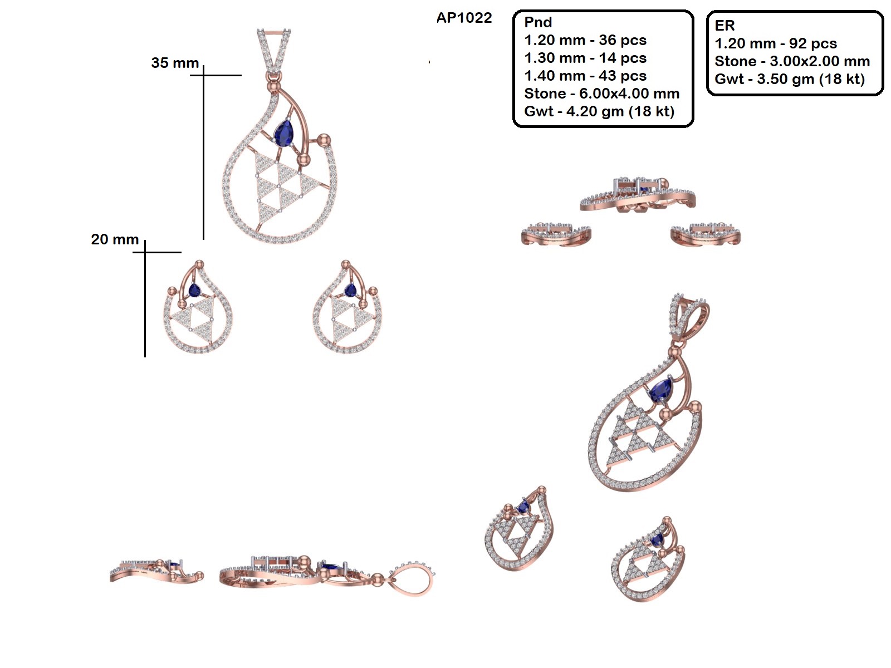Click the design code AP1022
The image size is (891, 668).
click(x=464, y=18)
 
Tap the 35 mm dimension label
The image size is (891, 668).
click(x=175, y=63)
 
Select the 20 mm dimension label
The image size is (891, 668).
click(x=115, y=239)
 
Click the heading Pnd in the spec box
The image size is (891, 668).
click(x=538, y=22)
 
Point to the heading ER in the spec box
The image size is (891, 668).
click(x=724, y=26)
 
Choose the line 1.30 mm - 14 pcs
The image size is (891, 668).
click(x=585, y=58)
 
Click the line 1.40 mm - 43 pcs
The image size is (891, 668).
click(x=585, y=76)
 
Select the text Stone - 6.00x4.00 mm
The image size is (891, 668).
click(x=601, y=94)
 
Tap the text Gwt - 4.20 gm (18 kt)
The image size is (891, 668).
click(x=599, y=111)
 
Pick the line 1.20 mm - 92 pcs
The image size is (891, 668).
click(x=776, y=43)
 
